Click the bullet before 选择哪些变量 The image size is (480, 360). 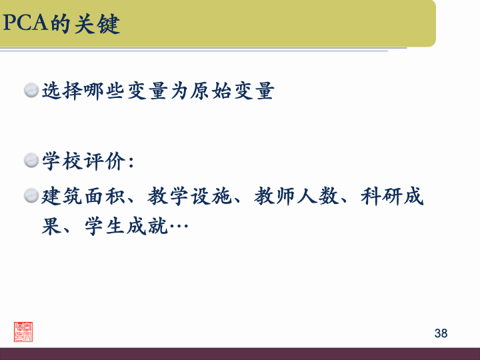pos(31,91)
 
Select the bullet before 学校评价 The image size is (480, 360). pos(31,161)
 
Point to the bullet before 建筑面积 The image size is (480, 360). pos(31,196)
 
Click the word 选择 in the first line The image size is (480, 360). pos(63,91)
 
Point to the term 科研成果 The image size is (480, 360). pos(393,197)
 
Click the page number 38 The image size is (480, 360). pos(441,333)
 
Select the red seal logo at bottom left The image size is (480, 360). pos(23,331)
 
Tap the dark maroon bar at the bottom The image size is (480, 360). pos(240,353)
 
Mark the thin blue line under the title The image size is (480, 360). pos(200,49)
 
